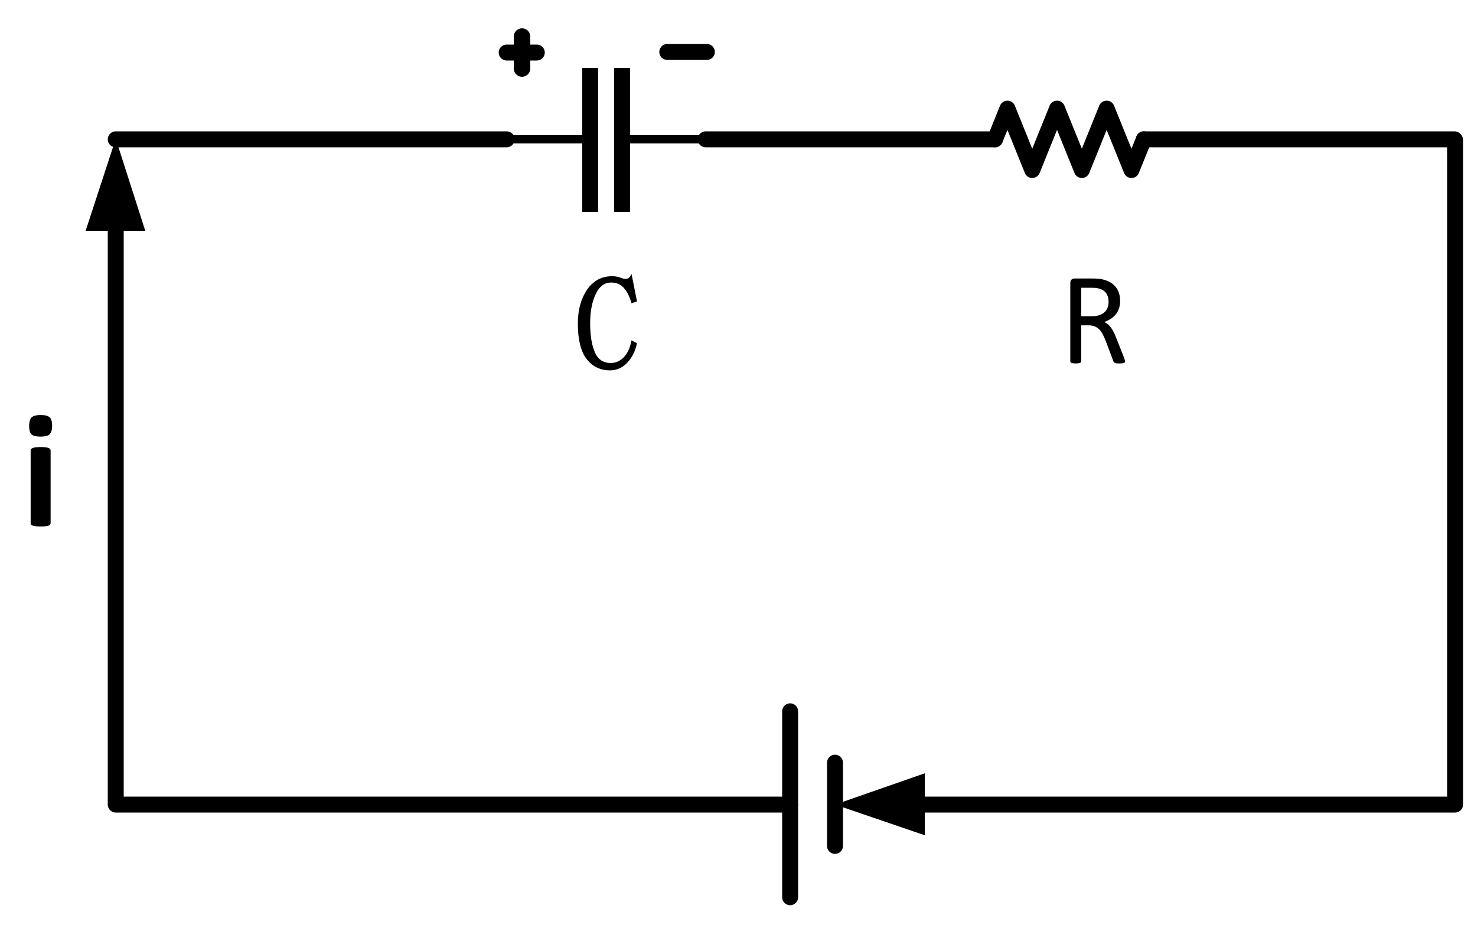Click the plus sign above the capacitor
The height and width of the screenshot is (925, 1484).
[521, 53]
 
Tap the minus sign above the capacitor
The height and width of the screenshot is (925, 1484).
[687, 52]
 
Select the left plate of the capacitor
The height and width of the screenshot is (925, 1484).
[590, 139]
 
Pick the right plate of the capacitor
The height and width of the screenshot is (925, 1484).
[622, 139]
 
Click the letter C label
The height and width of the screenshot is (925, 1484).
[606, 322]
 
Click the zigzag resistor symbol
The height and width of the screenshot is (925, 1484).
[1069, 139]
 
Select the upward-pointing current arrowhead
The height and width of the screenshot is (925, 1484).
[115, 196]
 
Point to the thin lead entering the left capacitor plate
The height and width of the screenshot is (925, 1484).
[547, 139]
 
